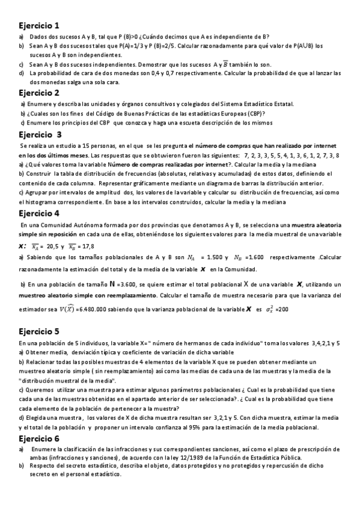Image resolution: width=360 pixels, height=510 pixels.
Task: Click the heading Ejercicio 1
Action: pos(39,26)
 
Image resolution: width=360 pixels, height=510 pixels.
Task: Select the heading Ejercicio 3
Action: pos(40,134)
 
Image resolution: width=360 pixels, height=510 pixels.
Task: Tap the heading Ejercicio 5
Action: pos(39,331)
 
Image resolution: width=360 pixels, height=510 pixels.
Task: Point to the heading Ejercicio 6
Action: pos(39,438)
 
